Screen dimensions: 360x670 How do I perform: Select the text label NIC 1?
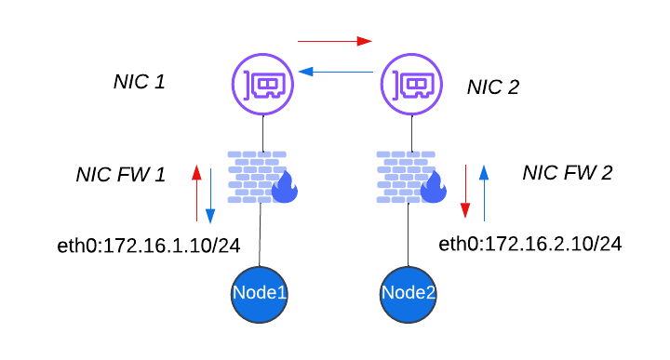(x=139, y=82)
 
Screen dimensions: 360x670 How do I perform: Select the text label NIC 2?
(x=492, y=87)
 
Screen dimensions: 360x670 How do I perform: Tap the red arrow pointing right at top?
(x=334, y=41)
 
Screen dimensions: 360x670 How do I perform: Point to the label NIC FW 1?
(x=120, y=175)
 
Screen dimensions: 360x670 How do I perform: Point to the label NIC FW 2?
(x=567, y=173)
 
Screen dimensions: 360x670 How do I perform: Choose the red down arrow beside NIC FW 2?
(x=468, y=192)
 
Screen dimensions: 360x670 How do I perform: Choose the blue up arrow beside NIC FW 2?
(x=484, y=192)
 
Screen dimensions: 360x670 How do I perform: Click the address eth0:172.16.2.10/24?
(x=529, y=244)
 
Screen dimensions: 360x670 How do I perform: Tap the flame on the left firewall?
(x=284, y=189)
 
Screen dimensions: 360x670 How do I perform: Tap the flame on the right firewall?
(x=434, y=189)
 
